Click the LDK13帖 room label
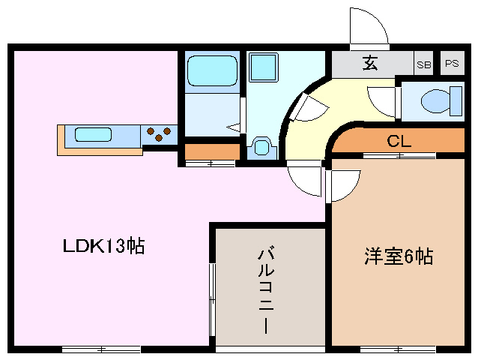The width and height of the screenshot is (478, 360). (103, 246)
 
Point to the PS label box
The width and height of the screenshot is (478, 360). (451, 64)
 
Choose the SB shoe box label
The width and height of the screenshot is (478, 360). (424, 64)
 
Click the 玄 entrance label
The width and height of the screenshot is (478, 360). (370, 64)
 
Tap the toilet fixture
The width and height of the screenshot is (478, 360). (435, 100)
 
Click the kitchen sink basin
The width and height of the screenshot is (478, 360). (93, 135)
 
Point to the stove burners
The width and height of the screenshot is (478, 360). (158, 134)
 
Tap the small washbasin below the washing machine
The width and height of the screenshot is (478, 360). (260, 145)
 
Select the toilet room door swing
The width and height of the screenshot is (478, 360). (382, 100)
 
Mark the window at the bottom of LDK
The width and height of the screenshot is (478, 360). (101, 349)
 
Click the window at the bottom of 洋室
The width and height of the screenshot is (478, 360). (397, 349)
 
